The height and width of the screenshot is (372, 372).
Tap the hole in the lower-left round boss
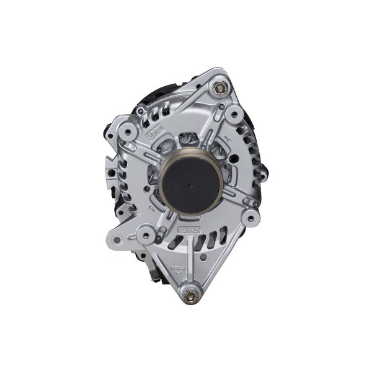(x=144, y=234)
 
